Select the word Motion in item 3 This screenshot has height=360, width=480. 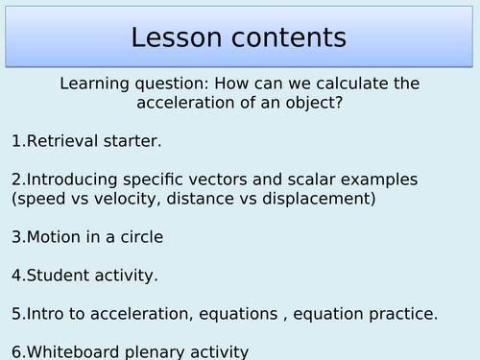55,237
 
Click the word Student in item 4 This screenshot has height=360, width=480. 59,276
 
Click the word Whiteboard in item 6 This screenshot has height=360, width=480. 74,351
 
